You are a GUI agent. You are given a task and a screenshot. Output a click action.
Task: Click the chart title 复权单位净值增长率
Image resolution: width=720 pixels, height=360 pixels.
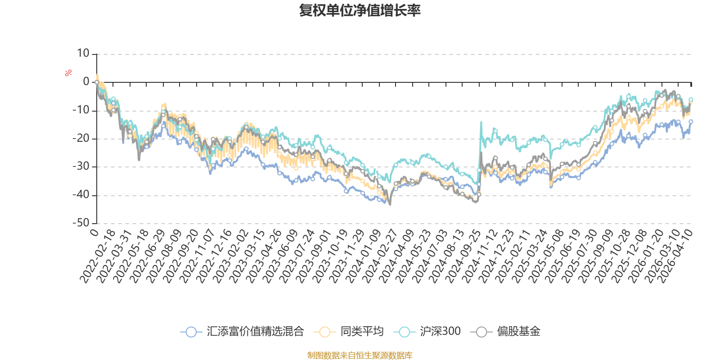(360, 10)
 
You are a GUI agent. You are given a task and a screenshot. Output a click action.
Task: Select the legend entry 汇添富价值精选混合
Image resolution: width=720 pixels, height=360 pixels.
(255, 332)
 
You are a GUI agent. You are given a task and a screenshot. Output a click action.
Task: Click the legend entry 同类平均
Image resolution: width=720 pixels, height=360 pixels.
(361, 332)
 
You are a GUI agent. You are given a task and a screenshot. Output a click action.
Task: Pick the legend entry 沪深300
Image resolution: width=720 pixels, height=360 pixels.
(440, 332)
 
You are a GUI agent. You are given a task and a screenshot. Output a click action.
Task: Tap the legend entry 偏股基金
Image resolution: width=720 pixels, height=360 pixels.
(518, 332)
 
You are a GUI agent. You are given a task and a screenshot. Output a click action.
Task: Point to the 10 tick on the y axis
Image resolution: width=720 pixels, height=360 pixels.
(83, 54)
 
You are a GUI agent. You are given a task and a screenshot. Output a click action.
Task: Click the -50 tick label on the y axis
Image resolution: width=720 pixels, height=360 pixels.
(81, 223)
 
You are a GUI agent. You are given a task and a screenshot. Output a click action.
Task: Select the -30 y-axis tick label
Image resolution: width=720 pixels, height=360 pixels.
(81, 166)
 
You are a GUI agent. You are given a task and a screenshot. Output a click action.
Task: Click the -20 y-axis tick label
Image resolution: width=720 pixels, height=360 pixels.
(81, 138)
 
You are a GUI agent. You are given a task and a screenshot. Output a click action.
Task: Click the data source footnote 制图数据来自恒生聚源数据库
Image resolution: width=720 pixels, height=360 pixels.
(360, 355)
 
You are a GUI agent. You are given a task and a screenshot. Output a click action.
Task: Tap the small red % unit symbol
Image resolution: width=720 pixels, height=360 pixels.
(68, 73)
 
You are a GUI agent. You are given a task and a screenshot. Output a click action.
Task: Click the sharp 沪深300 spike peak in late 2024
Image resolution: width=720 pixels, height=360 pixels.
(481, 122)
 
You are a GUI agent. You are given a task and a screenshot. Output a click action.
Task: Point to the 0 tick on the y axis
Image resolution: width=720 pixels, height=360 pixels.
(86, 82)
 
